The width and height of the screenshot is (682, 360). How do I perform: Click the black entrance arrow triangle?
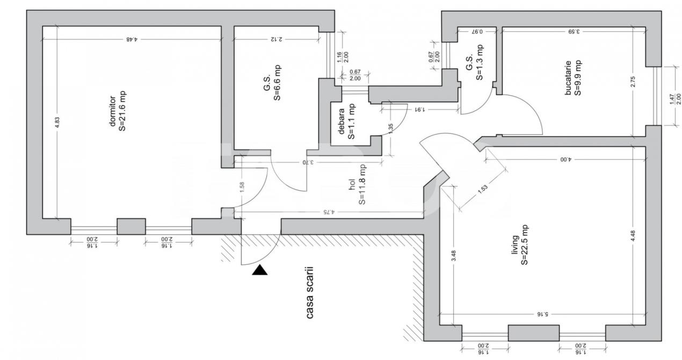point(260,270)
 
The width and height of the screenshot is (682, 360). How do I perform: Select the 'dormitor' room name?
point(113,112)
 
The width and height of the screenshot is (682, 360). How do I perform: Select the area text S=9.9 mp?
point(578,78)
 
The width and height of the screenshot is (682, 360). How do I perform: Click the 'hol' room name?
point(352,185)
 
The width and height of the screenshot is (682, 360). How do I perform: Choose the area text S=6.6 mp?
point(278,83)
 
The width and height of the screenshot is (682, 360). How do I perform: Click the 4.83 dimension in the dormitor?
point(57,123)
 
